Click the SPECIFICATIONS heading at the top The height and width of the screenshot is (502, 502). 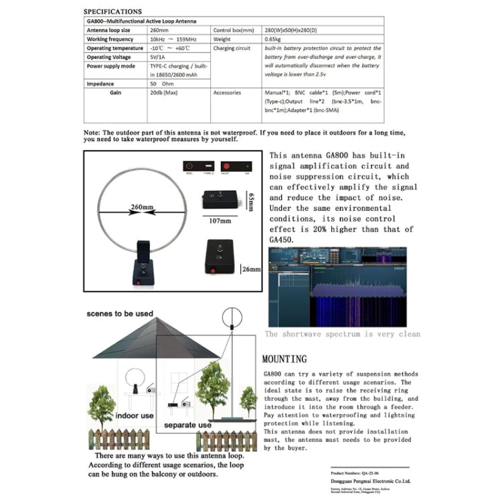click(x=113, y=11)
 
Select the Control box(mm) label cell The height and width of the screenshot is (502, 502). click(x=233, y=30)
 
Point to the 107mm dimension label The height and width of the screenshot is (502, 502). click(x=215, y=220)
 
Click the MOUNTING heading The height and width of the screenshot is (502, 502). click(x=284, y=359)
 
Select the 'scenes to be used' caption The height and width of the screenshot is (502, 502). click(x=119, y=313)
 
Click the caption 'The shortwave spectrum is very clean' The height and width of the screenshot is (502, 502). click(x=343, y=334)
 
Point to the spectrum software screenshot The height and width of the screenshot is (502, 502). click(x=344, y=287)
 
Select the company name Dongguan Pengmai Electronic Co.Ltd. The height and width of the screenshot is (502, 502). click(x=369, y=481)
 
